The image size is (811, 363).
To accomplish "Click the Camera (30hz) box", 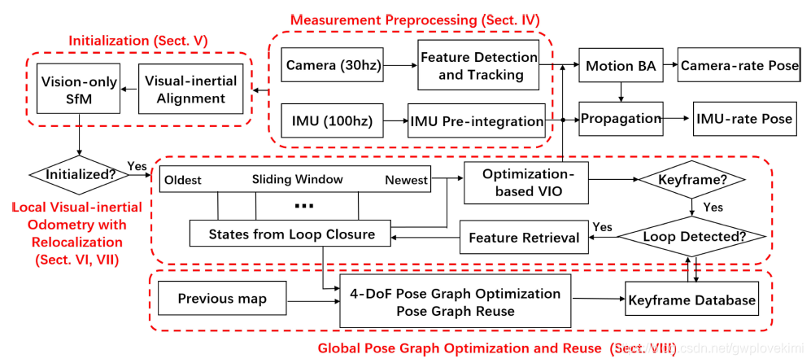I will point(331,65).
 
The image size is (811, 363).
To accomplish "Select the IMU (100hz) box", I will point(331,121).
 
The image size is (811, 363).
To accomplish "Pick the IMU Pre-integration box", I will point(476,121).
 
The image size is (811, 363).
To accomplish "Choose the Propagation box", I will point(621,119).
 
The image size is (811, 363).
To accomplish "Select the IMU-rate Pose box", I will point(743,119).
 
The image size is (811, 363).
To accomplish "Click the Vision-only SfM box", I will point(79,90).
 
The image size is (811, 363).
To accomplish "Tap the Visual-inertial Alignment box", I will point(190,90).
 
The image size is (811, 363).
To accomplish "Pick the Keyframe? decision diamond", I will point(691,178).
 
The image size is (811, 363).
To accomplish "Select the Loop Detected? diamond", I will point(691,238).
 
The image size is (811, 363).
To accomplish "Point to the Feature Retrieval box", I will point(525,238).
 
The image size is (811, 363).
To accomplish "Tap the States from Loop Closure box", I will point(292,234).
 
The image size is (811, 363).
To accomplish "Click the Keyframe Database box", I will point(691,300).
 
